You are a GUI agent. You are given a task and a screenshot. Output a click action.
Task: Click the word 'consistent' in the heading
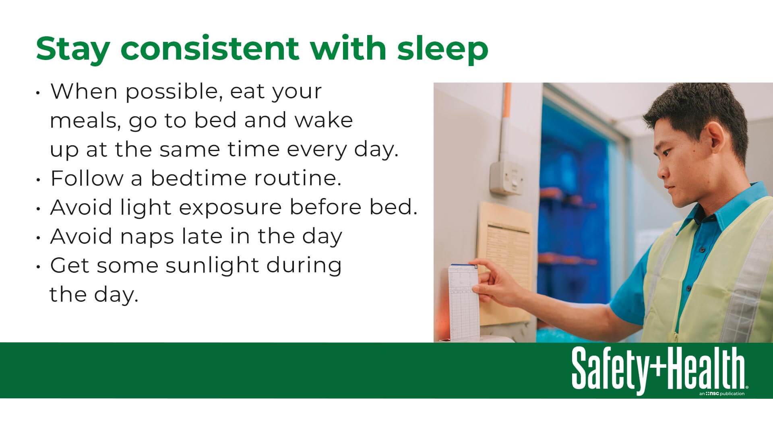[210, 48]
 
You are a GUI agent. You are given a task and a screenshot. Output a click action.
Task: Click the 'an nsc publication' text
[722, 394]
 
